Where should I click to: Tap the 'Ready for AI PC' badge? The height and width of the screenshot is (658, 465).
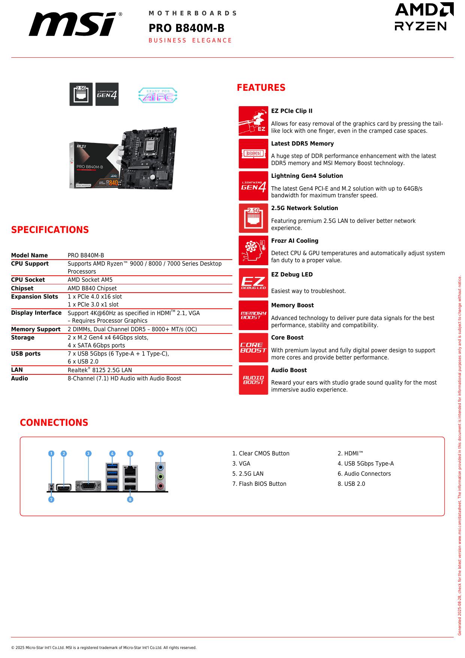click(157, 95)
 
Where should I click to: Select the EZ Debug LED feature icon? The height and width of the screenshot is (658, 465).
click(253, 283)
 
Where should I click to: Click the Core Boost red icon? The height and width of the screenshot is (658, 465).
click(253, 347)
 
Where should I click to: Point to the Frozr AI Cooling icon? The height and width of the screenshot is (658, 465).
click(253, 250)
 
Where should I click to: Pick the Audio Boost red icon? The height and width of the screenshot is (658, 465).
click(253, 380)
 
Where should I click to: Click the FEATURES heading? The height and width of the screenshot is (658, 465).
click(261, 88)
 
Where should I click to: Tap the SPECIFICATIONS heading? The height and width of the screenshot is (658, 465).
click(50, 230)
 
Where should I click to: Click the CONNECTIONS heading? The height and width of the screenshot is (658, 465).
click(54, 423)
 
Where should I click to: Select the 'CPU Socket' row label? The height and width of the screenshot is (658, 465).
click(28, 280)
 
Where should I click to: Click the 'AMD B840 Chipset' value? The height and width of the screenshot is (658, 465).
click(92, 288)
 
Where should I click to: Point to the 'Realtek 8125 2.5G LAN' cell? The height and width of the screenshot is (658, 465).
click(100, 370)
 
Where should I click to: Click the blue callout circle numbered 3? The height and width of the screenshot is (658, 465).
click(88, 454)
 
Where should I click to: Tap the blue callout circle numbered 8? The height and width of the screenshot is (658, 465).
click(130, 499)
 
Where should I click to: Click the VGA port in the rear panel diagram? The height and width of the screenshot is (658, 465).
click(88, 486)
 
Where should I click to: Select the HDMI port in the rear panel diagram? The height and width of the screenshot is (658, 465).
click(64, 488)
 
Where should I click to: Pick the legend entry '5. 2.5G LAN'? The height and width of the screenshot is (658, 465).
click(248, 474)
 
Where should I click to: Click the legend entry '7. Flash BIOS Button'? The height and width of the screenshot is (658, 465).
click(259, 484)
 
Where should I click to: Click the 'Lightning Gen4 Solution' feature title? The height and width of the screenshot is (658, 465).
click(307, 176)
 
